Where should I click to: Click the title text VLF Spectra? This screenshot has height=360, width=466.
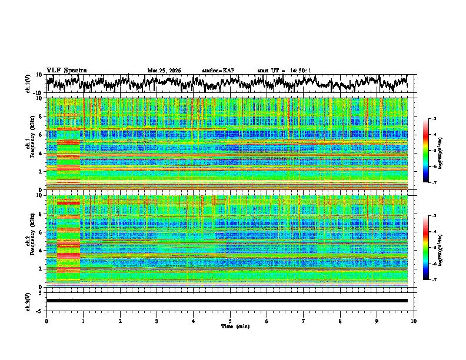click(x=66, y=70)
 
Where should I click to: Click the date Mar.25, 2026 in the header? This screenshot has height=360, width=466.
click(x=164, y=71)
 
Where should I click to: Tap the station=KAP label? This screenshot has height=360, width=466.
click(x=218, y=71)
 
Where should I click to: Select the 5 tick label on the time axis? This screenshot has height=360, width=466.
click(x=230, y=321)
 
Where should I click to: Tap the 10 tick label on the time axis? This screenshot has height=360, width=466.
click(x=414, y=321)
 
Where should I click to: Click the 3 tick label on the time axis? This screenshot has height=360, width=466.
click(x=157, y=321)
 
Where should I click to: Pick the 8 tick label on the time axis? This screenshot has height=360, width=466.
click(x=340, y=321)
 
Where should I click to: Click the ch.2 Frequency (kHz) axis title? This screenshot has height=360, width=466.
click(x=29, y=241)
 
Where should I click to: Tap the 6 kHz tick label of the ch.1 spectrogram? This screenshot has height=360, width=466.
click(x=41, y=135)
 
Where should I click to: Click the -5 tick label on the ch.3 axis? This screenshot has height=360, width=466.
click(x=40, y=309)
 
